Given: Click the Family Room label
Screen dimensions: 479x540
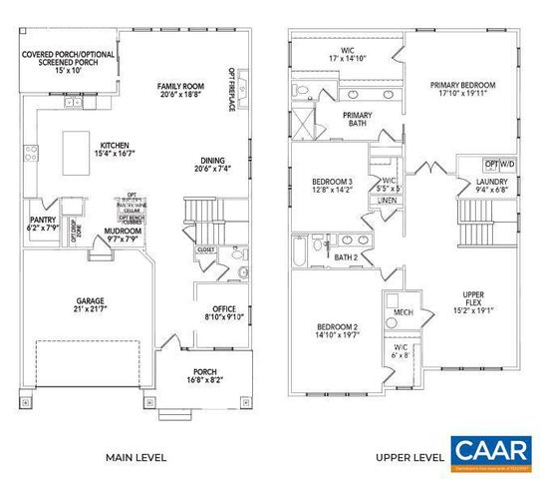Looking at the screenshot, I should point(179,88).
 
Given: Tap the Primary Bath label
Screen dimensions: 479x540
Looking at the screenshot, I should point(357,116).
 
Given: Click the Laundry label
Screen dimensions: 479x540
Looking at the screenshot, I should point(476,182).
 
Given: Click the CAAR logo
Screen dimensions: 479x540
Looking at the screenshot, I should point(489,452).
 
